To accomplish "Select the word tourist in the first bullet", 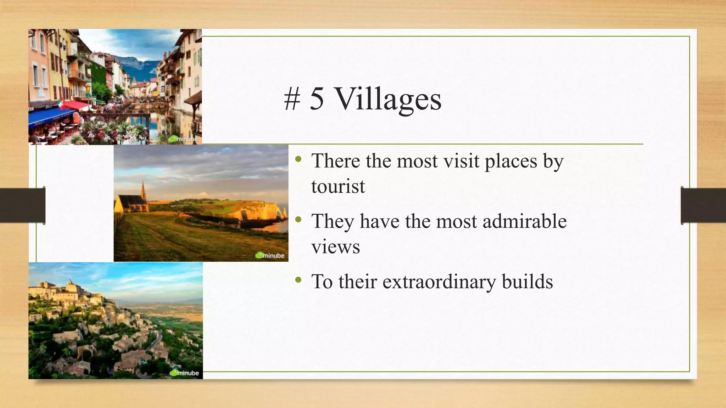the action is pos(338,186).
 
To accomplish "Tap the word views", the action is pos(336,247).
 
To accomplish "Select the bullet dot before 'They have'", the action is pos(298,220).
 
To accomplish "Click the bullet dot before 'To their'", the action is pos(298,280).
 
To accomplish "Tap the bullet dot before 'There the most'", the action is pos(298,160).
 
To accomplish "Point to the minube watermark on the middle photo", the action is pos(270,255).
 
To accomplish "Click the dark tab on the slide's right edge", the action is pos(703,205).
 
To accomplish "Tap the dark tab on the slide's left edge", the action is pos(23,205).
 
